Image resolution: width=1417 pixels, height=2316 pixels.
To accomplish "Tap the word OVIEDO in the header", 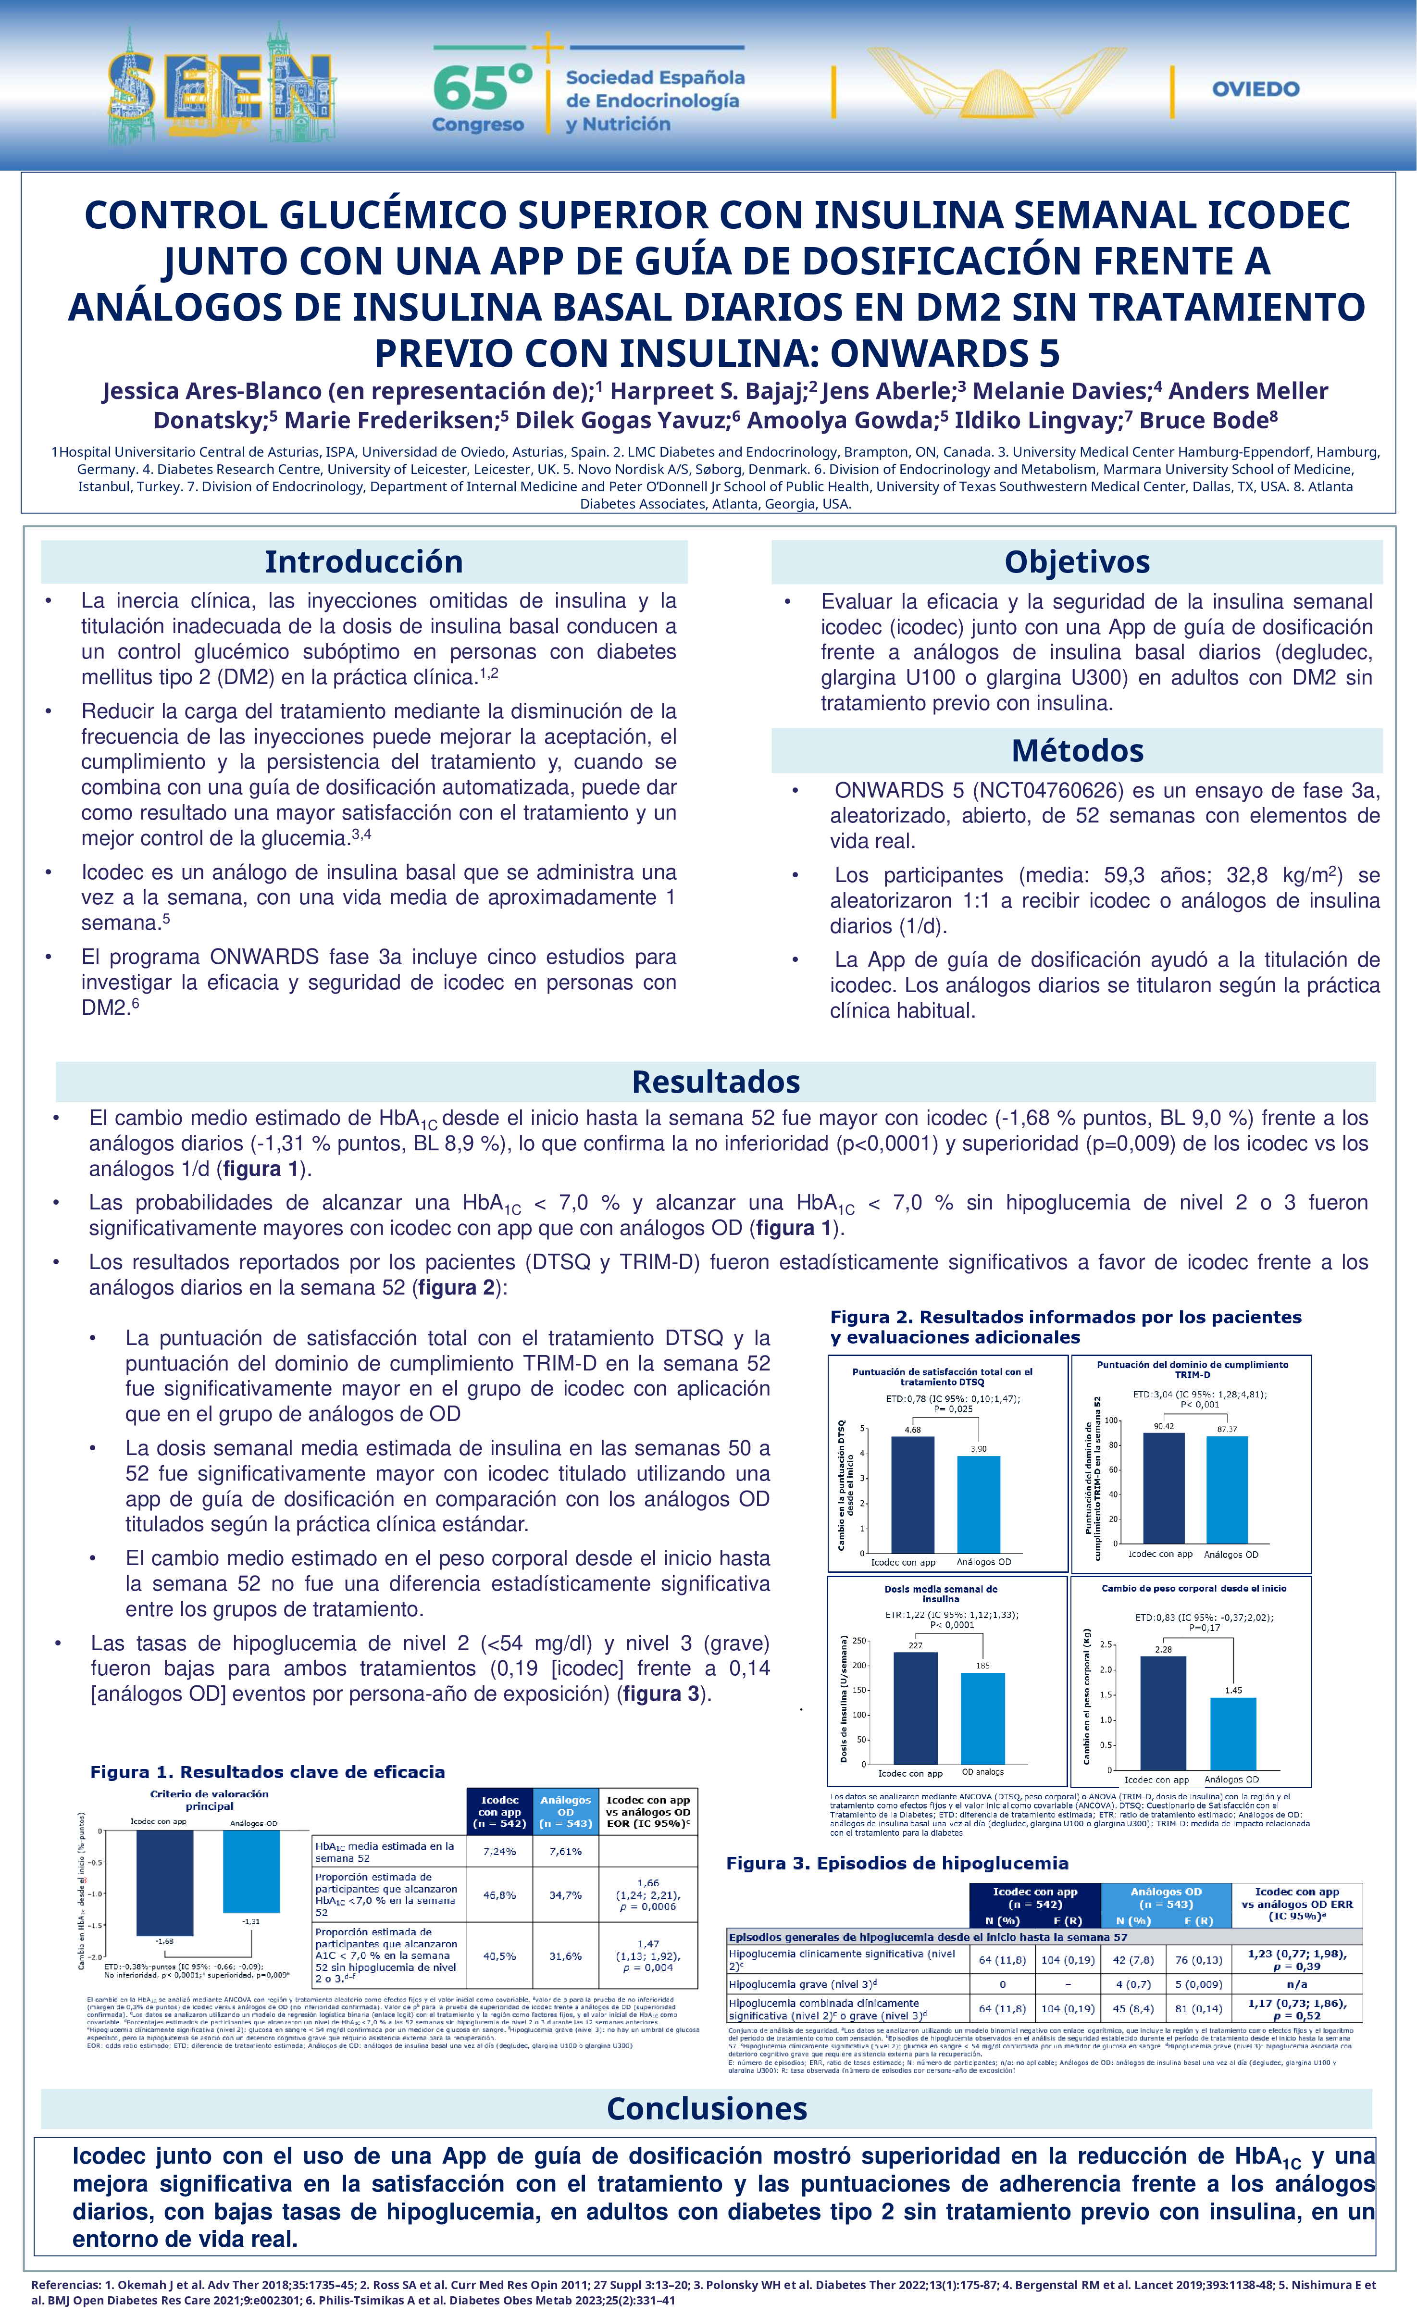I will coord(1255,89).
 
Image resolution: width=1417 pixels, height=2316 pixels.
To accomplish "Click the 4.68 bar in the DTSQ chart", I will coord(912,1494).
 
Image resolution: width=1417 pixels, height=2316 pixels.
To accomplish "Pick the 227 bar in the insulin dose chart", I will coord(915,1708).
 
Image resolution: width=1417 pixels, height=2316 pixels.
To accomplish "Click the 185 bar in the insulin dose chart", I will coord(982,1718).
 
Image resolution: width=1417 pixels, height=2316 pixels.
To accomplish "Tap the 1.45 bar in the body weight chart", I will coord(1233,1734).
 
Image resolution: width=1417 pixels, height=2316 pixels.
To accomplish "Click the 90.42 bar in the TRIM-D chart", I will coord(1163,1488).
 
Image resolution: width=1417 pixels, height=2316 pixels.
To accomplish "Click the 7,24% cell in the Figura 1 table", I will coord(499,1852).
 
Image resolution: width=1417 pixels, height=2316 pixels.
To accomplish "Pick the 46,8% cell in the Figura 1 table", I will coord(499,1895).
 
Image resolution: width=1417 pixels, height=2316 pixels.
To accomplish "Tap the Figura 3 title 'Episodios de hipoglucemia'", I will coord(897,1863).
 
